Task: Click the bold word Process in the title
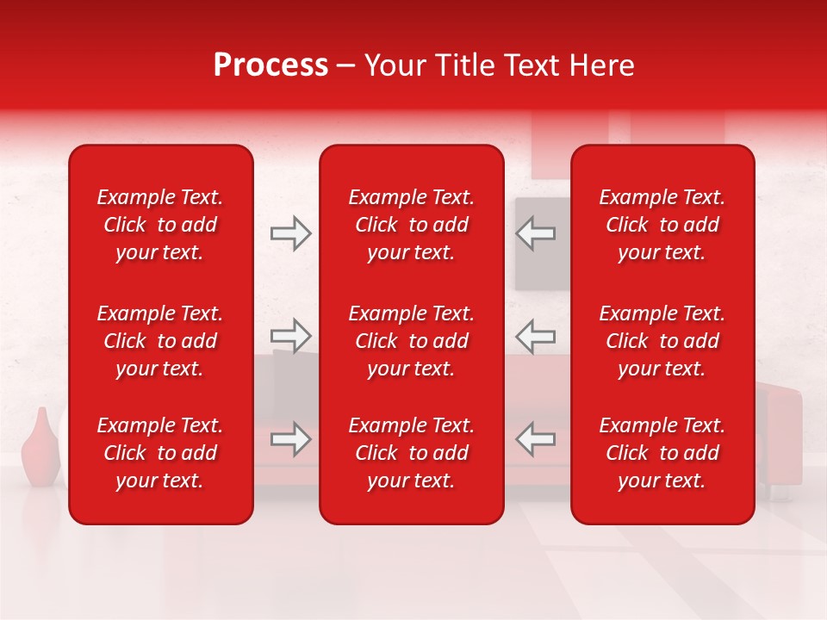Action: tap(270, 65)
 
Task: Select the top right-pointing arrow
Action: tap(290, 233)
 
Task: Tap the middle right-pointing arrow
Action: tap(290, 336)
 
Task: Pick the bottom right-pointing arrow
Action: tap(290, 439)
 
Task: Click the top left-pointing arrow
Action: tap(536, 233)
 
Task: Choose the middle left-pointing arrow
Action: tap(536, 336)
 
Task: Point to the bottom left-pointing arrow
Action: tap(536, 439)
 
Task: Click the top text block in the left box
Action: tap(160, 225)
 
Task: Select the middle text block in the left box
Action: tap(160, 341)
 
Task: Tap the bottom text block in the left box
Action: tap(160, 453)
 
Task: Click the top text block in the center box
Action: tap(411, 225)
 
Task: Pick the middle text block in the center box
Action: tap(411, 341)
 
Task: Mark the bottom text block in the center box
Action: tap(411, 453)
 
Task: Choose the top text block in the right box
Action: tap(662, 225)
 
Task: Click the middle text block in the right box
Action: tap(662, 341)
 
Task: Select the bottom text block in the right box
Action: tap(662, 453)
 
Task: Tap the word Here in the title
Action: tap(602, 65)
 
